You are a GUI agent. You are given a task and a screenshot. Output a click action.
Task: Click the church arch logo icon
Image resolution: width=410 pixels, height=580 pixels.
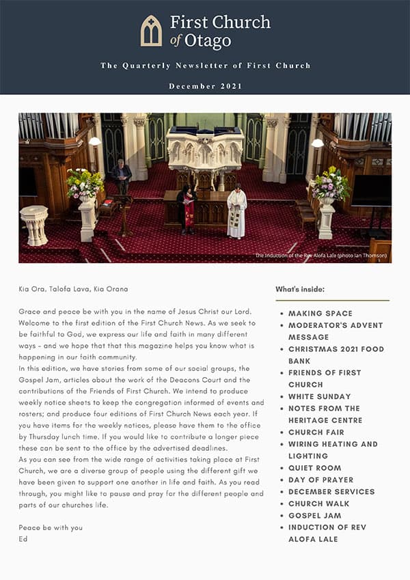tap(151, 31)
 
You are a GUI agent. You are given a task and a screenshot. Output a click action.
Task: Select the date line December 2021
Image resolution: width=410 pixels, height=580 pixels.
tap(205, 87)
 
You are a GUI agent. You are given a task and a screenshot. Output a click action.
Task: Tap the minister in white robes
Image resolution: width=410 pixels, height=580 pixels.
tap(236, 212)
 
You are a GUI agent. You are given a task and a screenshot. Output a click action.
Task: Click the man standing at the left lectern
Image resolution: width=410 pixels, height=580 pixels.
tap(122, 177)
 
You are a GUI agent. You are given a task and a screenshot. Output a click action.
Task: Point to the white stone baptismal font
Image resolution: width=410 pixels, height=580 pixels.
tap(33, 224)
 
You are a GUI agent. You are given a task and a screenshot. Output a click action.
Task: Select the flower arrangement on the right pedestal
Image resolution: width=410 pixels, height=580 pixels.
tap(329, 183)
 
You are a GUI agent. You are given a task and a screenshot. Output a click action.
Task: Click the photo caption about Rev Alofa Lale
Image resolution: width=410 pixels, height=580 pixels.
tap(320, 256)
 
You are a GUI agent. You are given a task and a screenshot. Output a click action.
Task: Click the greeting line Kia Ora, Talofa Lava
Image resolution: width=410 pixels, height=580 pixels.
tap(74, 289)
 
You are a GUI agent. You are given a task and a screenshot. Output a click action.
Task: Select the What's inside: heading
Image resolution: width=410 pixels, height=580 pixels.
tap(300, 289)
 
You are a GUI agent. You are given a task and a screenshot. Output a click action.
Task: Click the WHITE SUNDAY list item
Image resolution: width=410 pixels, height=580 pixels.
tap(319, 396)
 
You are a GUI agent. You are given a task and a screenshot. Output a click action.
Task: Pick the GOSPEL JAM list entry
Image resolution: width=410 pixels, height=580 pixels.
tap(314, 516)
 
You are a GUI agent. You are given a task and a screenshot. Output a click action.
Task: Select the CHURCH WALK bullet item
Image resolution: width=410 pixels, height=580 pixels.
tap(318, 503)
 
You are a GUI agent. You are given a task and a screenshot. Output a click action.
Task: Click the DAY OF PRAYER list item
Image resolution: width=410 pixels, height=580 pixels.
tap(320, 480)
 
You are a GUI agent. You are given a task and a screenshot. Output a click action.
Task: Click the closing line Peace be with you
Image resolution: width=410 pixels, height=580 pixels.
tap(51, 528)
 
